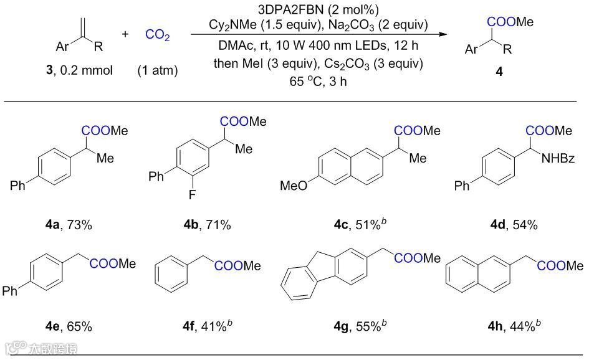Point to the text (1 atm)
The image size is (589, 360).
point(157,70)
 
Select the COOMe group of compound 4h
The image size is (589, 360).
point(560,267)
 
